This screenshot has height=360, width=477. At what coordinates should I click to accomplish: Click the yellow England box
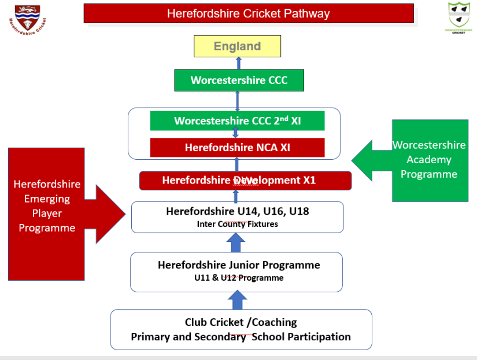[238, 46]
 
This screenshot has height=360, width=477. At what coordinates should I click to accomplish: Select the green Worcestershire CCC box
[239, 80]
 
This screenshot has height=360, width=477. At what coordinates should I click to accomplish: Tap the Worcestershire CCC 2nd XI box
[237, 121]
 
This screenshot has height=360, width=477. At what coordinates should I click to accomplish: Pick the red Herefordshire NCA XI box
[237, 148]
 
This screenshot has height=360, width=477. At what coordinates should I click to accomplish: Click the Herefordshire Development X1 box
[245, 181]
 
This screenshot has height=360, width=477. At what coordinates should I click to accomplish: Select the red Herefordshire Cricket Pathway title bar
[249, 13]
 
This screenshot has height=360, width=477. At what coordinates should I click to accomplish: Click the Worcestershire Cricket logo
[458, 17]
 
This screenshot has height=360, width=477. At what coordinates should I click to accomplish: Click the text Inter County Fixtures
[237, 224]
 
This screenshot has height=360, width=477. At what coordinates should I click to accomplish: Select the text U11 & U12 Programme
[239, 278]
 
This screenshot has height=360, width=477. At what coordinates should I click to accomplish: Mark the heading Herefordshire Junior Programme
[239, 265]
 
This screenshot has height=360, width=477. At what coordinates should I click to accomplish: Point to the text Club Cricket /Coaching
[241, 322]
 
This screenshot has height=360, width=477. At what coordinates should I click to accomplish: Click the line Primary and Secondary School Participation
[241, 337]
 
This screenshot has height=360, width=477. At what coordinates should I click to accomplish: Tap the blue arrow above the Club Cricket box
[236, 300]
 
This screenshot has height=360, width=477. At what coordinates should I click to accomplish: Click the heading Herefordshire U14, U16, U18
[238, 211]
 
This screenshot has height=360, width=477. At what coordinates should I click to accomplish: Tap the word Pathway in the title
[306, 13]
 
